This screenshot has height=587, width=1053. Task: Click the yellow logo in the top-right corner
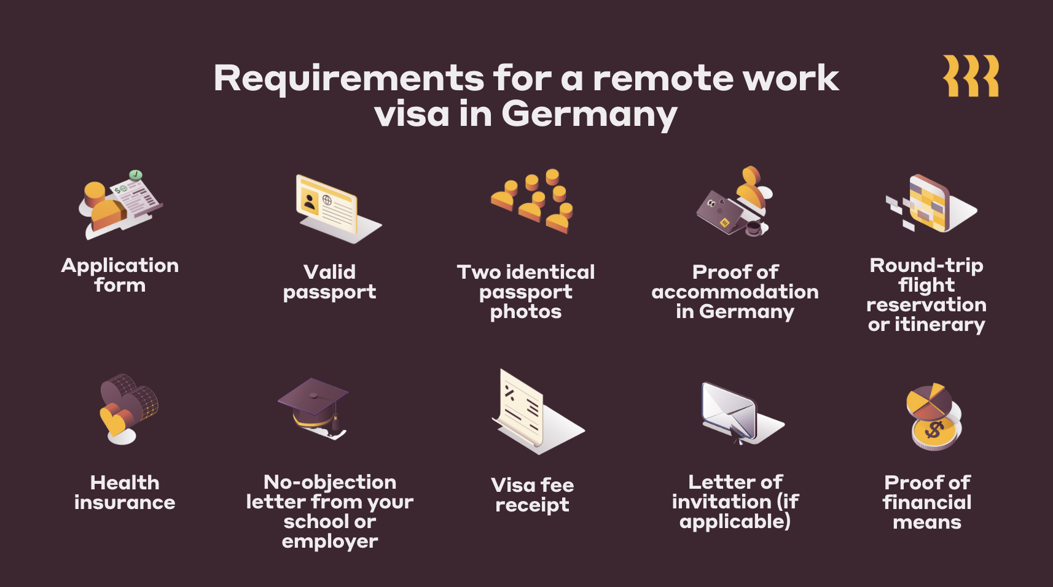(x=971, y=76)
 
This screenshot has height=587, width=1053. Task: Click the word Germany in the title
(x=589, y=115)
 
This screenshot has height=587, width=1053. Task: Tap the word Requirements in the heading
(x=348, y=79)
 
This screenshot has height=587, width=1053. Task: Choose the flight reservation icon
(x=931, y=204)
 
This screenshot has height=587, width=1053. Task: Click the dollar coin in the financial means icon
(x=934, y=432)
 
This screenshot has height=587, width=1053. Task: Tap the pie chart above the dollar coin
(x=929, y=400)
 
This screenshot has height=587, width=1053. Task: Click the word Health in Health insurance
(x=125, y=483)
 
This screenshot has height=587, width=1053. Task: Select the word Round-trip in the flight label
(x=926, y=265)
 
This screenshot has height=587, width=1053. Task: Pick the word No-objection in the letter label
(x=330, y=482)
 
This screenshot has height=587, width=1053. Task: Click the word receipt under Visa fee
(x=532, y=505)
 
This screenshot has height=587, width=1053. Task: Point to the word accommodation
(x=735, y=292)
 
